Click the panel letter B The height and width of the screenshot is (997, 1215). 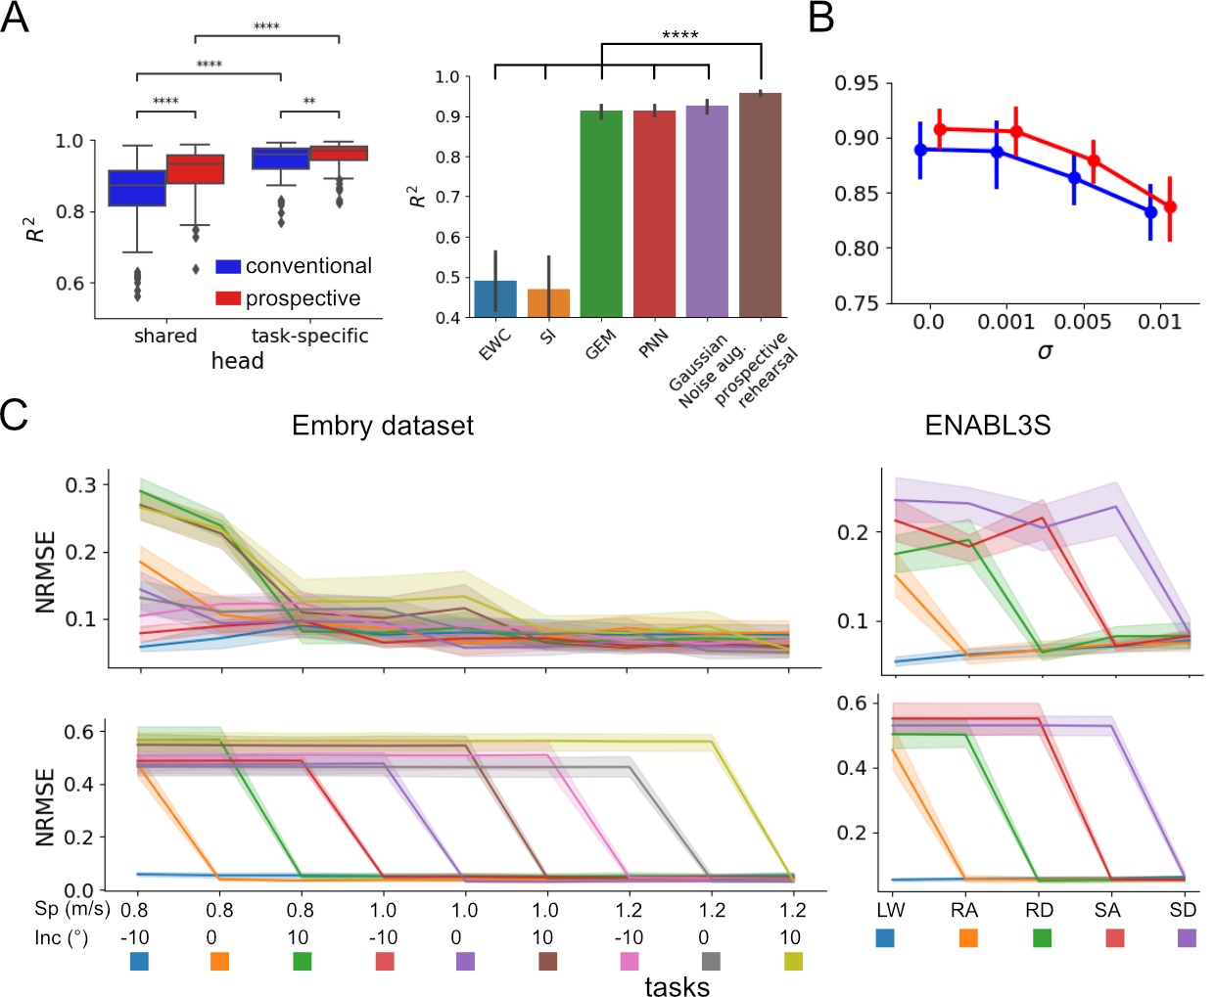click(821, 18)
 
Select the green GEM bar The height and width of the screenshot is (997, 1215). click(601, 214)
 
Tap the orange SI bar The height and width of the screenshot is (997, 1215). click(548, 303)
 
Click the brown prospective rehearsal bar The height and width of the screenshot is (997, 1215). click(760, 205)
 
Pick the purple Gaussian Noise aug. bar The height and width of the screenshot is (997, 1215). click(707, 211)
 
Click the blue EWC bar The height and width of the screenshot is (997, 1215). click(495, 299)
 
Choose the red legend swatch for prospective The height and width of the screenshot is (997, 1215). click(228, 298)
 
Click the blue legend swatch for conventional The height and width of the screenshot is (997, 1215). click(228, 266)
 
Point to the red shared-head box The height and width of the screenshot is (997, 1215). click(196, 169)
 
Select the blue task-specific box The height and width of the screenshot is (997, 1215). click(281, 159)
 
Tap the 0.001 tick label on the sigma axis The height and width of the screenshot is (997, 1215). click(1006, 322)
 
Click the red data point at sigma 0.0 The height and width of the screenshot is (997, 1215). click(940, 129)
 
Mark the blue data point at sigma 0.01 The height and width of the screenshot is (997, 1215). click(1150, 211)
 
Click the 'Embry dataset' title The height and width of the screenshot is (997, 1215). click(383, 426)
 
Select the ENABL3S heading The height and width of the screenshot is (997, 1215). click(987, 426)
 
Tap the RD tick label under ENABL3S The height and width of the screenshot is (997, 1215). click(1039, 910)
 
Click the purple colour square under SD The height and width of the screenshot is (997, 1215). click(1187, 937)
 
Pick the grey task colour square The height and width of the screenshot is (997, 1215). click(711, 961)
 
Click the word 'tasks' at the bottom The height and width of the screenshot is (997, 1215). click(677, 986)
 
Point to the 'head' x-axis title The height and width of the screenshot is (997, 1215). click(238, 361)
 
